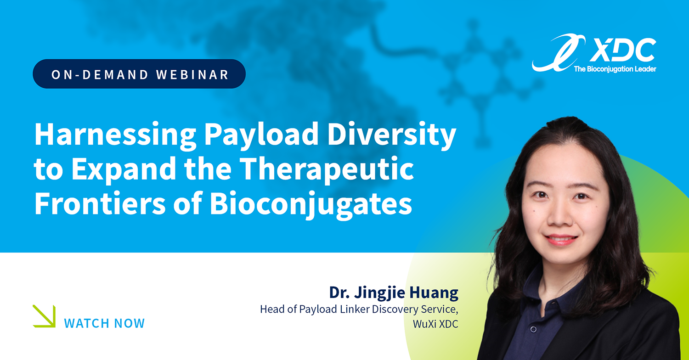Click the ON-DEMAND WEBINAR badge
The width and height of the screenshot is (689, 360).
(139, 74)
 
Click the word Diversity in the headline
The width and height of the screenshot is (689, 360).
(391, 135)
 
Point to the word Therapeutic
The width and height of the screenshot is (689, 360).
(326, 169)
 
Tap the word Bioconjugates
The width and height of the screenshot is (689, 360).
(311, 205)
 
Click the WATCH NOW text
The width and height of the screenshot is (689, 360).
(104, 323)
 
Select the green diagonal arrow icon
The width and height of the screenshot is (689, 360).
(44, 316)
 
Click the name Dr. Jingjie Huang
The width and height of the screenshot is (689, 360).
(394, 292)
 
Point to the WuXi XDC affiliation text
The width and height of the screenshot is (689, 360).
(435, 324)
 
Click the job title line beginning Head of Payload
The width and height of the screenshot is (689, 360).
(359, 309)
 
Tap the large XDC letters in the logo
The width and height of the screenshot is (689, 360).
(622, 50)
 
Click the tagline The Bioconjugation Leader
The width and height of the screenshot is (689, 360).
(615, 69)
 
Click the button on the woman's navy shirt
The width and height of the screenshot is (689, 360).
(534, 329)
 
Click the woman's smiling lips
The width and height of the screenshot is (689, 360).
(560, 240)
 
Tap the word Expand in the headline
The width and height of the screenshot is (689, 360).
(124, 169)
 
